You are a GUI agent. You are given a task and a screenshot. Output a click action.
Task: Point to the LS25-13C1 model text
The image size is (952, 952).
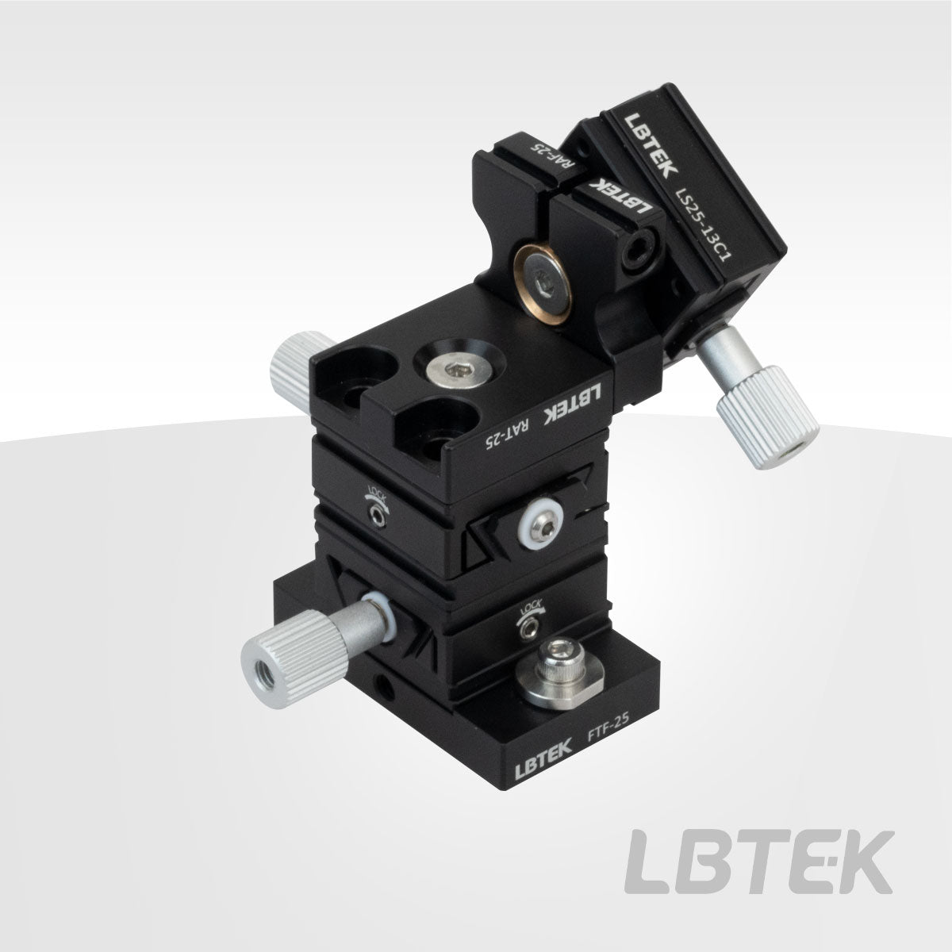pos(703,224)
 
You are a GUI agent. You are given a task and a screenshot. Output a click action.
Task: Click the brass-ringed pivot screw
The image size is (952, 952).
pos(543,284)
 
